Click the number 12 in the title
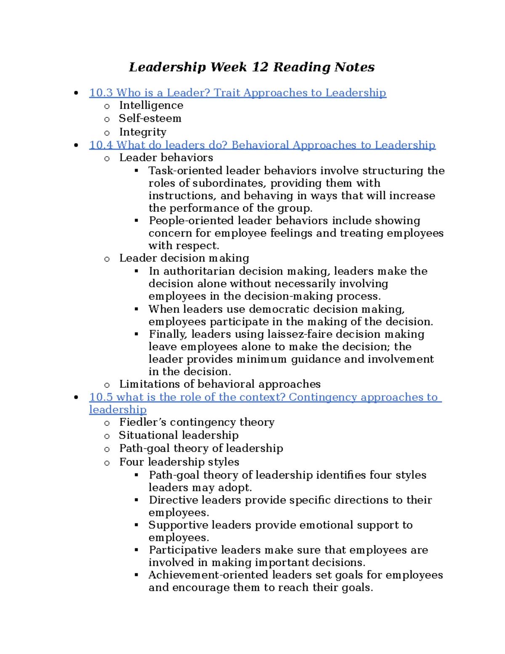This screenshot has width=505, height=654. click(x=260, y=67)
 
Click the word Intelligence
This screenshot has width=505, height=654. click(x=151, y=105)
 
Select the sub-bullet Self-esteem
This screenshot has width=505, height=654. click(x=150, y=118)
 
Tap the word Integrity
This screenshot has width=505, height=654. click(x=143, y=132)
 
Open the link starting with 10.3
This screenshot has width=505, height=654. click(x=237, y=93)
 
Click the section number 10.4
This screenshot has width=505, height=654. click(x=101, y=145)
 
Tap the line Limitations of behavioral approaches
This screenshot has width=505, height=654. click(x=220, y=384)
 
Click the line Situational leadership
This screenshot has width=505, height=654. click(x=178, y=435)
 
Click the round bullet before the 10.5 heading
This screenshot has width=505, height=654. click(x=76, y=397)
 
